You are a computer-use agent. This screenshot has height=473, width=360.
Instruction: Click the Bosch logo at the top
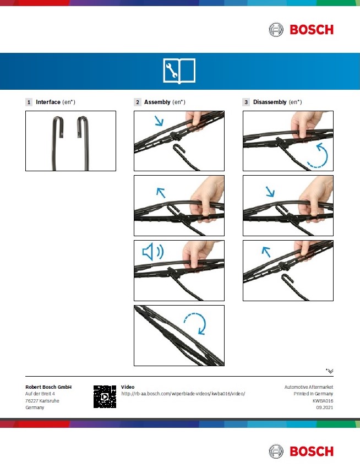click(x=301, y=30)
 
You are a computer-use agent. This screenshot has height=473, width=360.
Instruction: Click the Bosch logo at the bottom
click(x=301, y=452)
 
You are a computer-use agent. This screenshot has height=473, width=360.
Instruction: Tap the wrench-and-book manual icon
click(x=179, y=71)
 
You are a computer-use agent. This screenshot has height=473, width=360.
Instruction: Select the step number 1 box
click(x=29, y=102)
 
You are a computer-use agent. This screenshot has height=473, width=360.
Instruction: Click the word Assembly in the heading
click(x=157, y=102)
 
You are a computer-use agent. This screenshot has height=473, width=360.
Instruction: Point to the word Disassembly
click(x=270, y=102)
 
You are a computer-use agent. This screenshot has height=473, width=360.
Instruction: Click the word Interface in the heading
click(x=48, y=102)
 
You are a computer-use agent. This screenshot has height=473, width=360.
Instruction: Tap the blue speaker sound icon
click(x=152, y=252)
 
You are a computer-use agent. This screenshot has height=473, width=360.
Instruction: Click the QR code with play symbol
click(x=105, y=396)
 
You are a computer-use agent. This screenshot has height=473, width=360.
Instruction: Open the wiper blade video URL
click(x=183, y=394)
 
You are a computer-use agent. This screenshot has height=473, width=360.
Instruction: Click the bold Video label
click(x=128, y=387)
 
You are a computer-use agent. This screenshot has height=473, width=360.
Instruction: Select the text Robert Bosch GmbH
click(x=48, y=387)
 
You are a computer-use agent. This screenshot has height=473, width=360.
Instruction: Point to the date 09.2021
click(x=324, y=407)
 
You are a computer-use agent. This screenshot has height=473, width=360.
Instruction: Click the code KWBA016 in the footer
click(x=323, y=401)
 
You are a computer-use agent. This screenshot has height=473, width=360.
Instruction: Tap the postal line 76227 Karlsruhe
click(x=42, y=401)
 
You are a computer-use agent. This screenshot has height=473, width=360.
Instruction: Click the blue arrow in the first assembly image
click(x=159, y=121)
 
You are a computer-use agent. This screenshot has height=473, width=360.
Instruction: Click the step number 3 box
click(x=246, y=102)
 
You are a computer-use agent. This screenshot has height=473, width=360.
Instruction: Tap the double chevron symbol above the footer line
click(x=330, y=371)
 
